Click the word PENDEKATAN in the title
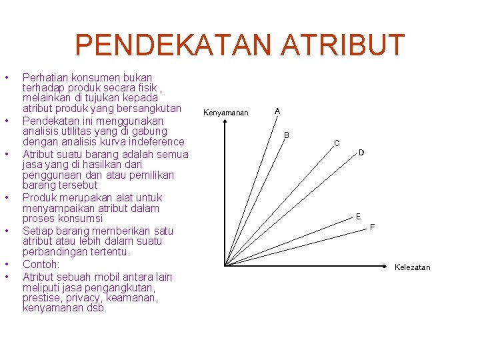[173, 45]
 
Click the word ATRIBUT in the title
[342, 45]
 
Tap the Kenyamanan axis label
[225, 113]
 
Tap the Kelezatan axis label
[412, 267]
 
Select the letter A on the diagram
[277, 111]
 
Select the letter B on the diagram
[287, 135]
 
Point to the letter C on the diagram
[337, 143]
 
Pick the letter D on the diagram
[361, 153]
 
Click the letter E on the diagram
[358, 217]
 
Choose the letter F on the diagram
[372, 227]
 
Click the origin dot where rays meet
[225, 265]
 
